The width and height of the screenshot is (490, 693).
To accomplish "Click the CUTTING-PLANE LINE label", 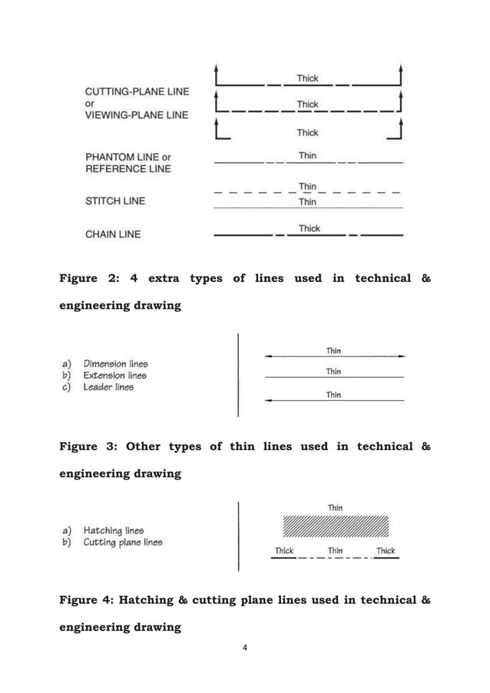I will pos(137,91).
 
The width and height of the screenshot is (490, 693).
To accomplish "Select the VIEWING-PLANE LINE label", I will pos(137,114).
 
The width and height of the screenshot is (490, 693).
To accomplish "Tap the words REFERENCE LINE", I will pos(127,168).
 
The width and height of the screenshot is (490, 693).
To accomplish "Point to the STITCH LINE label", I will pos(114,201).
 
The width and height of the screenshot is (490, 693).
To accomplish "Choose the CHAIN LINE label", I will pos(113,234).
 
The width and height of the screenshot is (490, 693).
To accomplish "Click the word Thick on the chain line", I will pos(309,228).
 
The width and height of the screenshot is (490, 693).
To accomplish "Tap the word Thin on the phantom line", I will pos(307,155).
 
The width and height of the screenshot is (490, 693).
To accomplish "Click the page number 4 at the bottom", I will pos(245,648).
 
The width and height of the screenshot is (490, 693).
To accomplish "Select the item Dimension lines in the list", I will pos(115,363).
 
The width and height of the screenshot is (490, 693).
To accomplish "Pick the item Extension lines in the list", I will pos(114,376).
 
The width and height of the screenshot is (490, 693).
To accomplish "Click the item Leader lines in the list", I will pos(108,387).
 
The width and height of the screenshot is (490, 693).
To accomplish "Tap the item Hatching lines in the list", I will pos(113,530).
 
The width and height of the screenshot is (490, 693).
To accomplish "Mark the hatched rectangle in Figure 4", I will pos(336,526).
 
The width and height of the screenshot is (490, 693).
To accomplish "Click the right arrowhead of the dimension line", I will pos(401,356).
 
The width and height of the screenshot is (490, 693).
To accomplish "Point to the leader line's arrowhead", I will pos(268,401).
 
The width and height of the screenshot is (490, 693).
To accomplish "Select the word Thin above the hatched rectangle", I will pos(335,508).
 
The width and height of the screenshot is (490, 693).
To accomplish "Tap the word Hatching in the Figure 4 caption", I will pos(153,600).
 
